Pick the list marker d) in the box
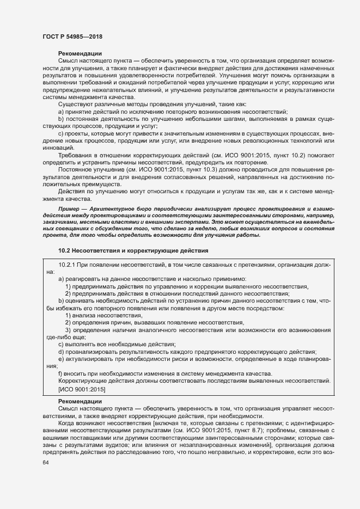[61, 352]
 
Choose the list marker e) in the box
[61, 359]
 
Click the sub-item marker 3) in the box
[68, 330]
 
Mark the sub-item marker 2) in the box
[68, 293]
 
